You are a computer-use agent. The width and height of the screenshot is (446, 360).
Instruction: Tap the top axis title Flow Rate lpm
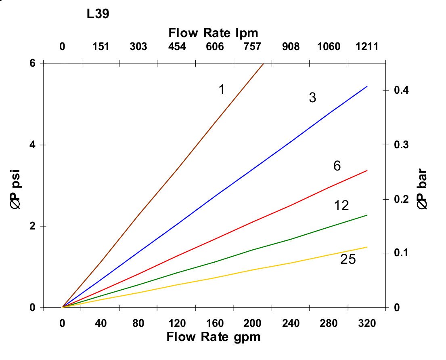click(213, 32)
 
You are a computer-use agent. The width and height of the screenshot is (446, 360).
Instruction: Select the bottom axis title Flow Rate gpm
click(214, 337)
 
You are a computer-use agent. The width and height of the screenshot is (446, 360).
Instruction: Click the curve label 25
click(348, 259)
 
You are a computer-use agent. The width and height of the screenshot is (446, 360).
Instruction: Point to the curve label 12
click(341, 206)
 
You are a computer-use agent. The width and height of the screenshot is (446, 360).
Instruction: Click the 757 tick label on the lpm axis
click(252, 46)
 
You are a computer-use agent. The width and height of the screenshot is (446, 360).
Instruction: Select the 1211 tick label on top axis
click(367, 46)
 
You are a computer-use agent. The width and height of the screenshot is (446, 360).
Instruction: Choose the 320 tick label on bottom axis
click(367, 324)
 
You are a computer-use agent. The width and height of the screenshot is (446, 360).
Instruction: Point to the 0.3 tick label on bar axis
click(402, 145)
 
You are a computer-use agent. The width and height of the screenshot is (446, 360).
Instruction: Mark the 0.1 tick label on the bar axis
click(402, 253)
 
